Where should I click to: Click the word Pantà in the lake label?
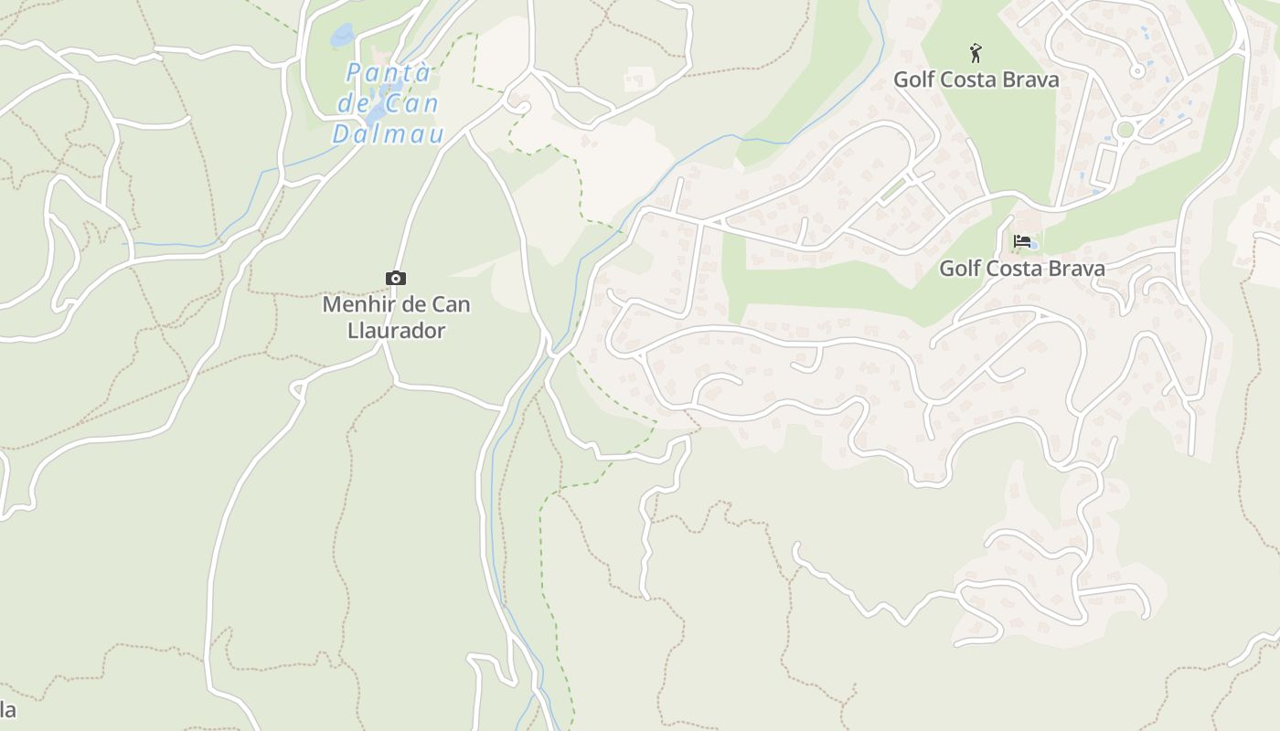pyautogui.click(x=389, y=72)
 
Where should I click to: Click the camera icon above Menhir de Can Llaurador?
pyautogui.click(x=396, y=279)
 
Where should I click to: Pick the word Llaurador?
pyautogui.click(x=397, y=330)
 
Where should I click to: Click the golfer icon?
pyautogui.click(x=976, y=53)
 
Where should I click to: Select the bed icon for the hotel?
pyautogui.click(x=1021, y=241)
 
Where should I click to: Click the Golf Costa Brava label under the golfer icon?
pyautogui.click(x=976, y=79)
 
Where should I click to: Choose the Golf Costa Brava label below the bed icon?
pyautogui.click(x=1021, y=269)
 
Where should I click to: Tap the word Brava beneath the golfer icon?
pyautogui.click(x=1031, y=79)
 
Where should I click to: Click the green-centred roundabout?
pyautogui.click(x=1125, y=131)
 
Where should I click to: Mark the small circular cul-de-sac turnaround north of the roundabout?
pyautogui.click(x=1138, y=70)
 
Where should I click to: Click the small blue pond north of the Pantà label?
pyautogui.click(x=343, y=36)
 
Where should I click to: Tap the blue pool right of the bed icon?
pyautogui.click(x=1034, y=245)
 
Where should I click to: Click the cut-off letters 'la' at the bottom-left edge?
pyautogui.click(x=7, y=710)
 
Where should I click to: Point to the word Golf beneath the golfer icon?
pyautogui.click(x=914, y=79)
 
